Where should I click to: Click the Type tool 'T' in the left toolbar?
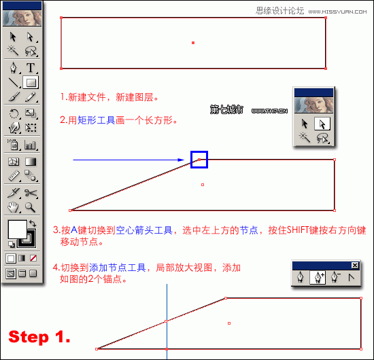pos(31,67)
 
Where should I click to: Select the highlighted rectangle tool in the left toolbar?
pos(31,82)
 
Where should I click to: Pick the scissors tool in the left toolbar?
pos(31,193)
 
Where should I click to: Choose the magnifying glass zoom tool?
pos(31,207)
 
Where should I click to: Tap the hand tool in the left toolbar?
pos(13,207)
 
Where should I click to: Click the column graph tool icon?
pos(31,144)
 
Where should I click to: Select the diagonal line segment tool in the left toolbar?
pos(13,82)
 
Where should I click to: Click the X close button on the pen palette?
pos(354,265)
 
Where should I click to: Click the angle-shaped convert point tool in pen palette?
pos(351,277)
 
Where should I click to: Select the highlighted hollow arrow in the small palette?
pos(323,124)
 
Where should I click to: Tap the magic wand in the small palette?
pos(305,138)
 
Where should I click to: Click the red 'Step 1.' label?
pos(39,337)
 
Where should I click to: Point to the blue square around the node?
pos(199,160)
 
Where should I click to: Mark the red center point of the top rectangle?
pos(193,43)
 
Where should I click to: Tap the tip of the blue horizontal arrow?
pos(184,160)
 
